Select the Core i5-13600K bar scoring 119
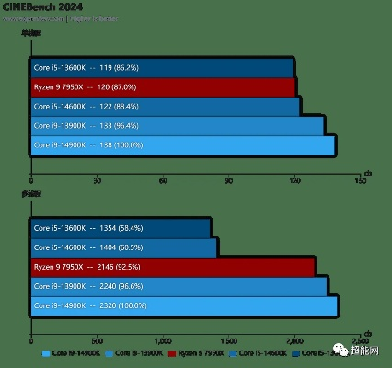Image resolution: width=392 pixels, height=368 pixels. [162, 68]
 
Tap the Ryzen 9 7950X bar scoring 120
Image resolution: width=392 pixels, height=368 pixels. [163, 87]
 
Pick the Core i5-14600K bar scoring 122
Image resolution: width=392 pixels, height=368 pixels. [165, 107]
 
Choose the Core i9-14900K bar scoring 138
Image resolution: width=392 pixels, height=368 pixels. [182, 145]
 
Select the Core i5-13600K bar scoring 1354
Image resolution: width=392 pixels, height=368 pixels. [121, 227]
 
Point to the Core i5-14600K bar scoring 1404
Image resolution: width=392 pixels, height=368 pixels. [123, 247]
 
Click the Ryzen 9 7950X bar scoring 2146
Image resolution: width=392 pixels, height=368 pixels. [172, 266]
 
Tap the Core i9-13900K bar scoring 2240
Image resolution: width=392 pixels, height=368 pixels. [179, 285]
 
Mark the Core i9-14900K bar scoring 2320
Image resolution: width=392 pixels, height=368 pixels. [183, 305]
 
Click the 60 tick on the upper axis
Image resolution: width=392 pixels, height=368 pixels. [164, 180]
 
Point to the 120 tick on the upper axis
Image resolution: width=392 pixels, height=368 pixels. [295, 180]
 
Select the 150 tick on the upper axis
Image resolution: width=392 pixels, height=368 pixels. [361, 180]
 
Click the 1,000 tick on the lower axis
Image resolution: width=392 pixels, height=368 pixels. [162, 340]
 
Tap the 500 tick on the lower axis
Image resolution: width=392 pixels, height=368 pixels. [97, 340]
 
